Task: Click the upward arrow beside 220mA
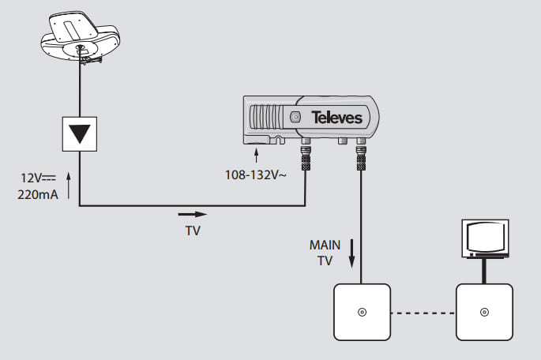point(69,187)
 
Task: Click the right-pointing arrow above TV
point(192,213)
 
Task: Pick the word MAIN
point(325,245)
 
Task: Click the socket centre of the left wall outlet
point(362,311)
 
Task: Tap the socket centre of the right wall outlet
point(483,311)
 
